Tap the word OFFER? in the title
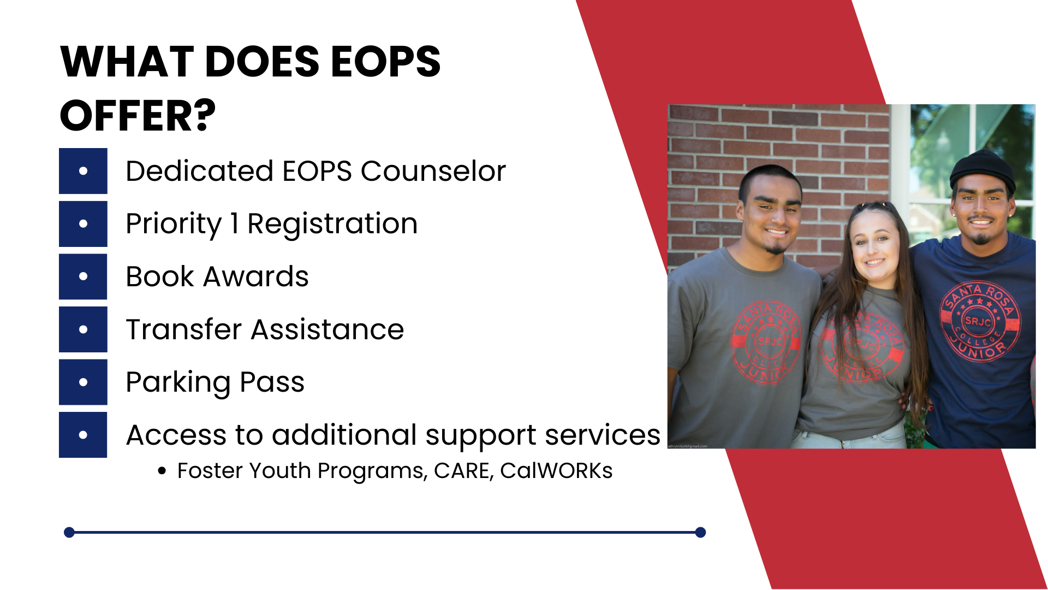pos(138,116)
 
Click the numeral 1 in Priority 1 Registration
pos(234,223)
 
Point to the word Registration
pos(332,223)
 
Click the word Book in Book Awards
pos(160,276)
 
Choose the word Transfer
pos(183,329)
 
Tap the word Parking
pos(178,382)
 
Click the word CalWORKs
pos(556,471)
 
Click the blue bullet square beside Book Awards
pos(83,276)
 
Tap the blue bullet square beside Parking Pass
pos(83,382)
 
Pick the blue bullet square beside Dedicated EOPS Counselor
pos(83,171)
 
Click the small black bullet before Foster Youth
pos(162,471)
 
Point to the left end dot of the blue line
pos(69,532)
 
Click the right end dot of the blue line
pos(701,532)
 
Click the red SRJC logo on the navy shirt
pos(979,322)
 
